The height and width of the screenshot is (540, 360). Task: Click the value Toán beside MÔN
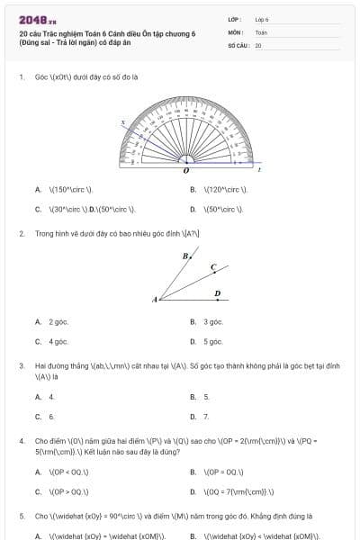click(x=261, y=31)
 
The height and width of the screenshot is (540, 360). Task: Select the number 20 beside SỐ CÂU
click(x=258, y=44)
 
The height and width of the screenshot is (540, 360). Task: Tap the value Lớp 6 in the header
click(x=262, y=19)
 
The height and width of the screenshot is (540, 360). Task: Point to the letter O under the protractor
click(x=185, y=169)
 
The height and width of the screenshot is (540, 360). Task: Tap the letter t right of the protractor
click(x=260, y=169)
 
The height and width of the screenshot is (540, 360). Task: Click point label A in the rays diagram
click(x=155, y=299)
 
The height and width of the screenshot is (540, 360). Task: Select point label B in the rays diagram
click(x=184, y=256)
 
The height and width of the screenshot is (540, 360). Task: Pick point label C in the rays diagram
click(x=213, y=267)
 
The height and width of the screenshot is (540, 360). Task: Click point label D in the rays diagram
click(x=217, y=292)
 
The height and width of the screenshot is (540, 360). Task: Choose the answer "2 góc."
click(x=58, y=321)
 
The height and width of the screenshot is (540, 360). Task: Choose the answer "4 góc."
click(x=58, y=342)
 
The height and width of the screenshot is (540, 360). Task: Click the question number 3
click(x=22, y=366)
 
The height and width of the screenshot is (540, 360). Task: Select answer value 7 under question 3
click(x=206, y=417)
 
